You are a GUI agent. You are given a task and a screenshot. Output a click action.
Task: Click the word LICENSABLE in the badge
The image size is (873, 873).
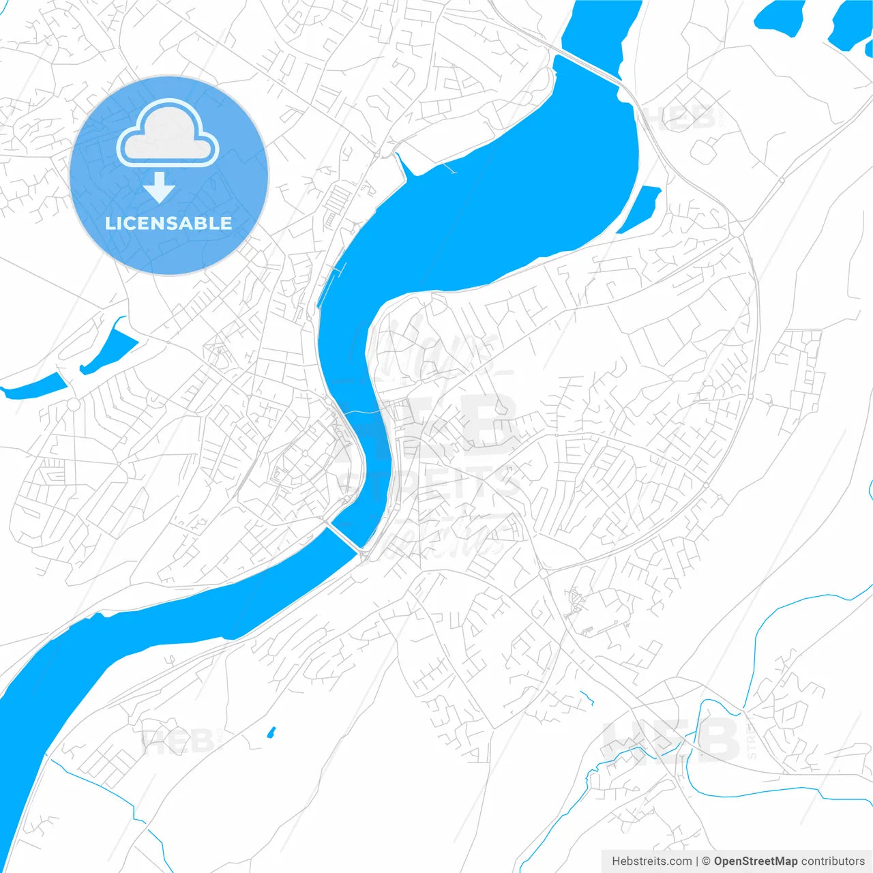pyautogui.click(x=168, y=223)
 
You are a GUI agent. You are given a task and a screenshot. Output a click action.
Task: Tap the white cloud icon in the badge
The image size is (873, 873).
pyautogui.click(x=168, y=134)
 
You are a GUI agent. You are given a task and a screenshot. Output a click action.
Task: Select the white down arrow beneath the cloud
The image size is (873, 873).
pyautogui.click(x=160, y=188)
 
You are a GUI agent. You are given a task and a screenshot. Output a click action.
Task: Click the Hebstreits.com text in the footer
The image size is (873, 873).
pyautogui.click(x=651, y=861)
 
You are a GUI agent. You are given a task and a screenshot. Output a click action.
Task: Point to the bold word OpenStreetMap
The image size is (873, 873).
pyautogui.click(x=755, y=861)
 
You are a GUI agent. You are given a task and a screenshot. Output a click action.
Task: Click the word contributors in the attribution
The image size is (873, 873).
pyautogui.click(x=833, y=861)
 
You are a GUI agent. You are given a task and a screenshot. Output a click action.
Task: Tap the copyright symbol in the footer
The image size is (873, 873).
pyautogui.click(x=706, y=861)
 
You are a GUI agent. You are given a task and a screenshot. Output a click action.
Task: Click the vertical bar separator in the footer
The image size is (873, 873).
pyautogui.click(x=696, y=861)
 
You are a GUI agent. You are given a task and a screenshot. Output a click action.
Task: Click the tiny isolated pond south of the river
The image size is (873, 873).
pyautogui.click(x=271, y=733)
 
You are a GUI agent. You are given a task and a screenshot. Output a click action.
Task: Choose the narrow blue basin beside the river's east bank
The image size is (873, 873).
pyautogui.click(x=640, y=208)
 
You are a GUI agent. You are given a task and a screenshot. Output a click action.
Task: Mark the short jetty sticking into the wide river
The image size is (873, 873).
pyautogui.click(x=448, y=167)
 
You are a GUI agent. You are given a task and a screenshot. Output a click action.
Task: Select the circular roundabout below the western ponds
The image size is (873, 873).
pyautogui.click(x=72, y=404)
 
